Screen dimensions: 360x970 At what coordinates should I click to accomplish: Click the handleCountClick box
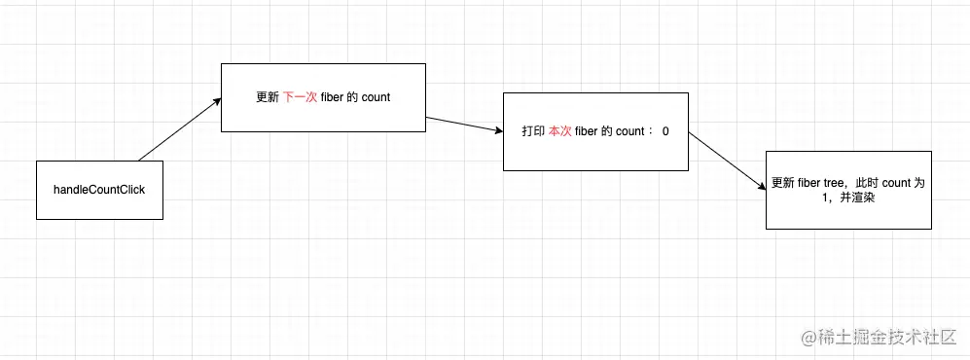pyautogui.click(x=98, y=189)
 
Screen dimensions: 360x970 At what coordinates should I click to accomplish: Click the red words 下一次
pyautogui.click(x=300, y=97)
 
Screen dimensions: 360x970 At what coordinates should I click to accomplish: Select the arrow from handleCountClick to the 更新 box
pyautogui.click(x=179, y=129)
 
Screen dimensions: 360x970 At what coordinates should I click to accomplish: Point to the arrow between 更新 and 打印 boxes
pyautogui.click(x=463, y=126)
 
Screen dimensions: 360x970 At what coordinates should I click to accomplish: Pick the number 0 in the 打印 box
pyautogui.click(x=665, y=131)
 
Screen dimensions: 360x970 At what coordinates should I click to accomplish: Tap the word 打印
pyautogui.click(x=533, y=131)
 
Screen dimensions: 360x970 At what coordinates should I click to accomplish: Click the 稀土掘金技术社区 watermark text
pyautogui.click(x=892, y=337)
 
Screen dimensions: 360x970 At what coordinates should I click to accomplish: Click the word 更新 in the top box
pyautogui.click(x=268, y=97)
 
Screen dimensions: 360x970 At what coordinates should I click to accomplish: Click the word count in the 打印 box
pyautogui.click(x=632, y=131)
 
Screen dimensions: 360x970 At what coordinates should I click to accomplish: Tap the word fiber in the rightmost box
pyautogui.click(x=808, y=183)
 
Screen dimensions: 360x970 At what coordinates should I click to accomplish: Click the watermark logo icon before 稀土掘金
pyautogui.click(x=808, y=337)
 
